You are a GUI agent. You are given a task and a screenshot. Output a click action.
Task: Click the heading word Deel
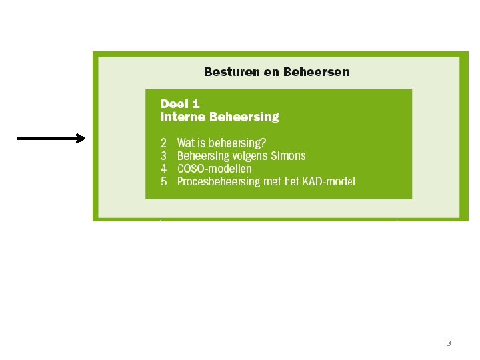coord(175,104)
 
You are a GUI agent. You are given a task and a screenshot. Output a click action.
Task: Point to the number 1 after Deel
coord(195,104)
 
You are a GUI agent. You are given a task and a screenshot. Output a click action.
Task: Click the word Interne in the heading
coord(183,117)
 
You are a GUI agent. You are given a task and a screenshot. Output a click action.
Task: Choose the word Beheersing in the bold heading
coord(244,117)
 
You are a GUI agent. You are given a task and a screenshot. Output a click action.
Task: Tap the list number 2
coord(164,143)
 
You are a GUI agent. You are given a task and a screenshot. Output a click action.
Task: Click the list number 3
coord(164,156)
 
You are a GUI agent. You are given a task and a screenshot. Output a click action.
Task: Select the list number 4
coord(164,169)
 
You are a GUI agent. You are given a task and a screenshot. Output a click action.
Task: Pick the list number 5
coord(164,181)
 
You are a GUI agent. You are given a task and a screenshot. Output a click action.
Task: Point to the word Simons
coord(288,156)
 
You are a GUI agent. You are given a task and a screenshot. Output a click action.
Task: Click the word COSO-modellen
coord(215,169)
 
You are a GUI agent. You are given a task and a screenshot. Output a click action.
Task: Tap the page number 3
coord(449,344)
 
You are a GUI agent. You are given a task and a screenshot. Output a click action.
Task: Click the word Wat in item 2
coord(186,143)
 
